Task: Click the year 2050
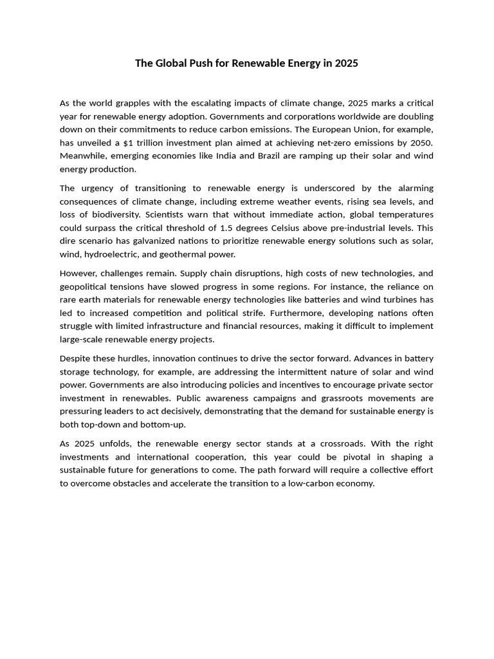[419, 143]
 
